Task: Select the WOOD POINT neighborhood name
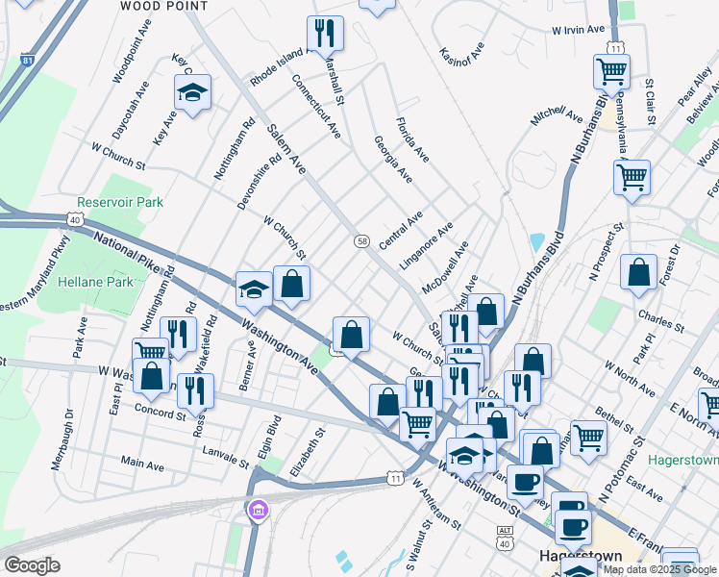[x=164, y=6]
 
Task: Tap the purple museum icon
[x=257, y=511]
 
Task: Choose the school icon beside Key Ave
[x=192, y=93]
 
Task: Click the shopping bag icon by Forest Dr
[x=638, y=273]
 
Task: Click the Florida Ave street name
[x=412, y=139]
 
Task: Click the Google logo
[x=33, y=565]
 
